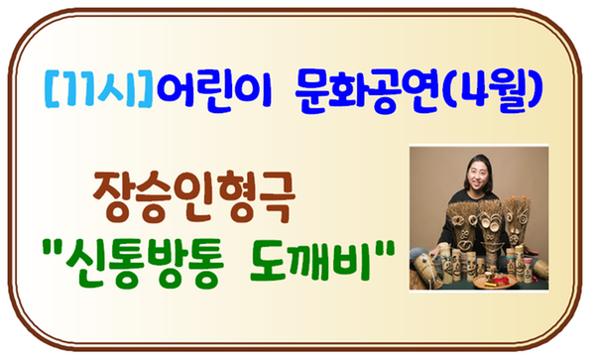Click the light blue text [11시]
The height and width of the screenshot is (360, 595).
coord(98,89)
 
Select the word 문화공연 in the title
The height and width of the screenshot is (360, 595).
coord(367,91)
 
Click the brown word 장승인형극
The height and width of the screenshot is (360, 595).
coord(194,197)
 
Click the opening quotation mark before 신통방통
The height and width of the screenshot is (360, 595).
coord(52,249)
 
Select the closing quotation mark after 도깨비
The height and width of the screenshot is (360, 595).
coord(384,249)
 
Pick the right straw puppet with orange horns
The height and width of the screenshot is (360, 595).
coord(516,224)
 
